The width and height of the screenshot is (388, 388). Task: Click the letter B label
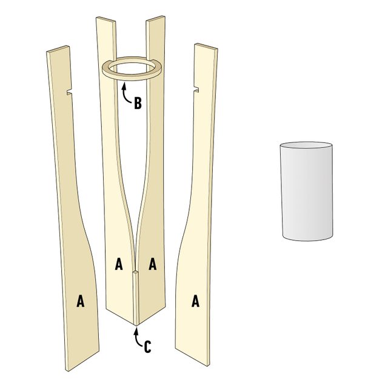tap(138, 102)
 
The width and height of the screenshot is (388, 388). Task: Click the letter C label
tap(146, 347)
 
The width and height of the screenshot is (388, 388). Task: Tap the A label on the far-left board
tap(80, 301)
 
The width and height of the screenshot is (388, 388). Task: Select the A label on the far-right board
tap(196, 301)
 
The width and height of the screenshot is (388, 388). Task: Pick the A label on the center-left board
tap(119, 264)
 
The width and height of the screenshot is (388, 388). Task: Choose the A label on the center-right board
tap(153, 264)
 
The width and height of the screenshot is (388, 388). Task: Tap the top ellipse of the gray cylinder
tap(307, 147)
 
